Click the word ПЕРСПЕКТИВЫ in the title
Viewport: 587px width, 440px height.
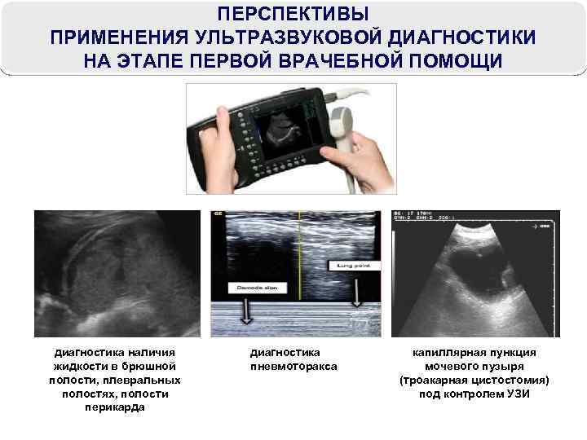pos(293,15)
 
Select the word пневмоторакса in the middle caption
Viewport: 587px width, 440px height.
pos(293,367)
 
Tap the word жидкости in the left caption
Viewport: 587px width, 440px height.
pos(75,367)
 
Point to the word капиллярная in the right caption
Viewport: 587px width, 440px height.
pos(448,353)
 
